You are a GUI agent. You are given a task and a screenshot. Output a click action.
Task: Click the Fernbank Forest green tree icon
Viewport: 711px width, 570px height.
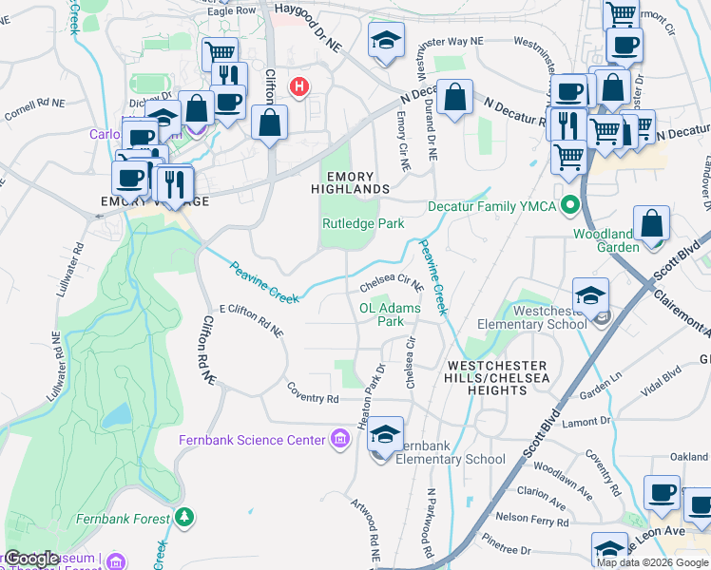pos(184,517)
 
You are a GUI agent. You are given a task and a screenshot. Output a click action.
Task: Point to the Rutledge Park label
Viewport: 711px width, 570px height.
pos(363,224)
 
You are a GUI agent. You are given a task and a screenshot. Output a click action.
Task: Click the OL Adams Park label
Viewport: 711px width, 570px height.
pos(389,314)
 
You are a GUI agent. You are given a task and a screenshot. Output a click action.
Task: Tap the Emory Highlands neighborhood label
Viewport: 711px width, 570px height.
pos(357,182)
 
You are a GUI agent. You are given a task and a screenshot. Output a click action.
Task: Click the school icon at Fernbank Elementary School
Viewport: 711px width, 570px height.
pos(385,434)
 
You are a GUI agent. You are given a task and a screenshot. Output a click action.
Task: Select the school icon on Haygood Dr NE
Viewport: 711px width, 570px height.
pos(386,40)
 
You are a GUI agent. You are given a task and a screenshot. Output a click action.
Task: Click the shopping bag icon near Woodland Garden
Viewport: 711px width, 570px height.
pos(653,224)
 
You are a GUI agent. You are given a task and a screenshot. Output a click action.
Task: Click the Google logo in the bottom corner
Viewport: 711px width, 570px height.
pos(31,559)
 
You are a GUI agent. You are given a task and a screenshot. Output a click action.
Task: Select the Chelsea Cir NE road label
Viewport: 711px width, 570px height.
pos(391,283)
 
